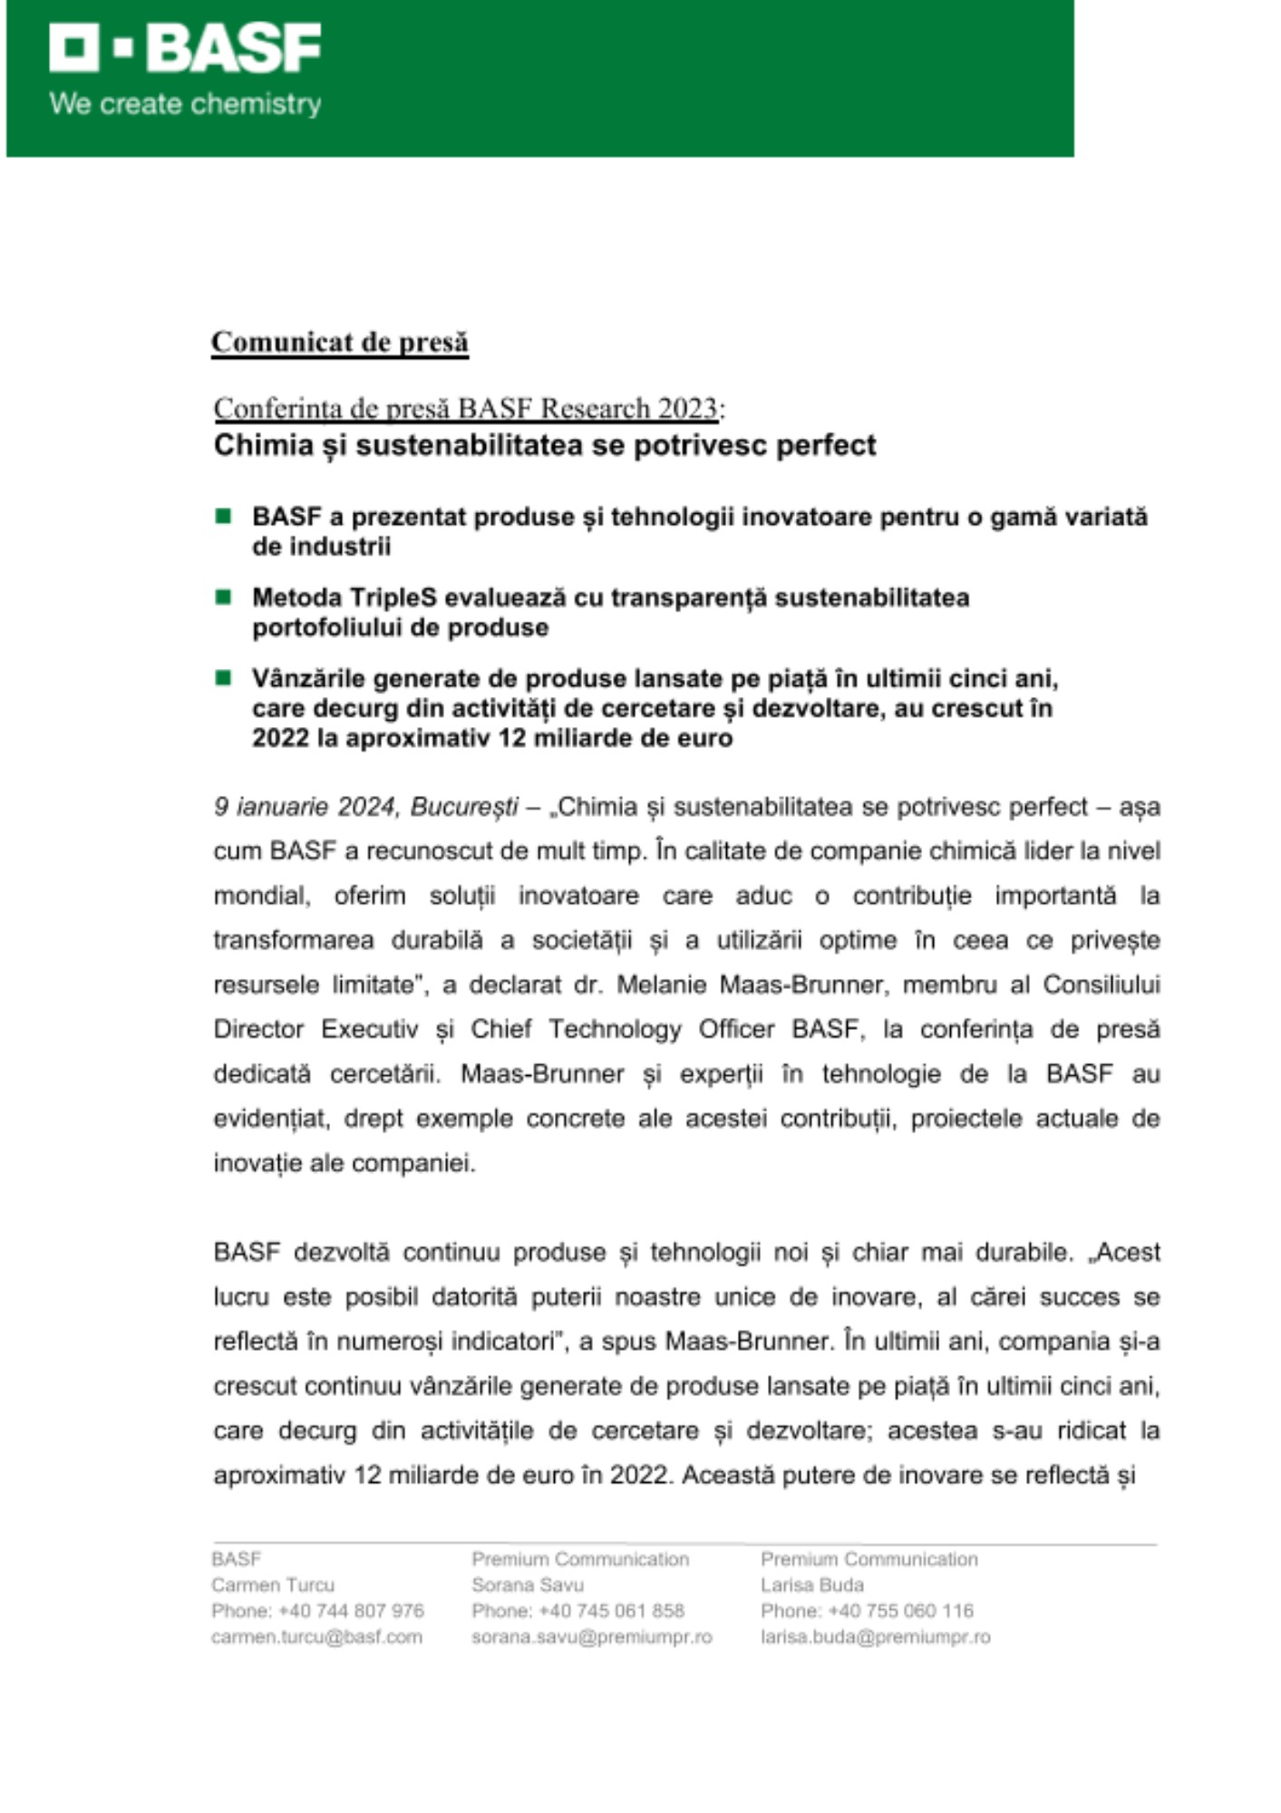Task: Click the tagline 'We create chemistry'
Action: coord(185,103)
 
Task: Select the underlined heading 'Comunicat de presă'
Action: coord(340,342)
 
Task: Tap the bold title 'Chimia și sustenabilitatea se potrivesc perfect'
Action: coord(545,445)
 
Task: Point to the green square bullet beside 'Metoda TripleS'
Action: coord(223,596)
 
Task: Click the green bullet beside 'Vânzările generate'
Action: coord(223,677)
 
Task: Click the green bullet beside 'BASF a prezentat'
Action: coord(223,516)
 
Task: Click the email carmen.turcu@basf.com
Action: coord(316,1637)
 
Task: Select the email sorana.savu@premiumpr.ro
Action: coord(591,1637)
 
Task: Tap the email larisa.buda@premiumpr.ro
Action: coord(875,1637)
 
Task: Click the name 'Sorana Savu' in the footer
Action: coord(528,1585)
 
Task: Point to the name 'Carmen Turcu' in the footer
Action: coord(273,1585)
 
